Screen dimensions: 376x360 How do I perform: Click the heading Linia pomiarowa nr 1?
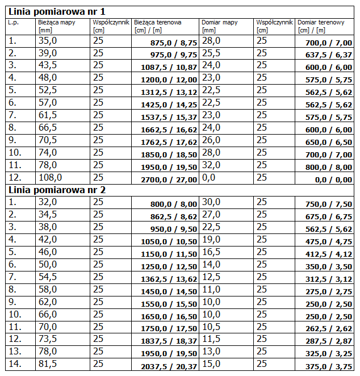56,11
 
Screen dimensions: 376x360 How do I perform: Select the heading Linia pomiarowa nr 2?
56,190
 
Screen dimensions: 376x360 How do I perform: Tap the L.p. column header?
14,22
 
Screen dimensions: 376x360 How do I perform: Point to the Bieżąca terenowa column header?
158,22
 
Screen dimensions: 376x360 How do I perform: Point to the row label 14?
14,364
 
